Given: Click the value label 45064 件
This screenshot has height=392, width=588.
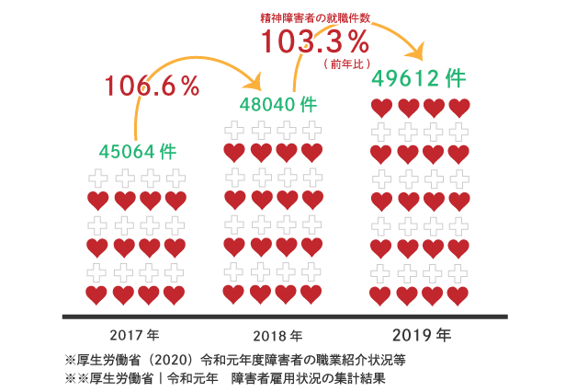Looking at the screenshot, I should tap(137, 151).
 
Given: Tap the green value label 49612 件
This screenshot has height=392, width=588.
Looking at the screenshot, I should tap(418, 78).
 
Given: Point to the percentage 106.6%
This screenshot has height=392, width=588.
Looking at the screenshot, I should tap(152, 86).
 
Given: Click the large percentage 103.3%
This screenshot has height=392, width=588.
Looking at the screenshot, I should tap(314, 41).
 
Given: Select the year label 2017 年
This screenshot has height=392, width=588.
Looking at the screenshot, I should tap(134, 336).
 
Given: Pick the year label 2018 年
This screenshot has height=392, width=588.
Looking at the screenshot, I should tap(277, 336).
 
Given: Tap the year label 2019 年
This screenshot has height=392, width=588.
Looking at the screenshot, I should tap(421, 335).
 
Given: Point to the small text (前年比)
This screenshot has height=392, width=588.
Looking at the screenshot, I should tap(346, 64).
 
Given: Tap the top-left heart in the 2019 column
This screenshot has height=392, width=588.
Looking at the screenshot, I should tap(381, 109).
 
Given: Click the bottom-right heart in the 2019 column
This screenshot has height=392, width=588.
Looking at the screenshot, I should tap(458, 295).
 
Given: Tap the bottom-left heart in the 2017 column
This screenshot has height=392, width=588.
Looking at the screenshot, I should tap(96, 294).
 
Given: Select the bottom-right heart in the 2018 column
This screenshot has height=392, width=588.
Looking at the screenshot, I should tap(311, 294).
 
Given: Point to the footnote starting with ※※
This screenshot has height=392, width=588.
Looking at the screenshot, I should tap(225, 378).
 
